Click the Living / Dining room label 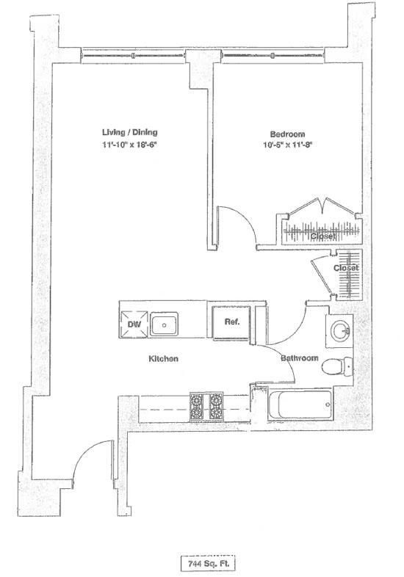[130, 133]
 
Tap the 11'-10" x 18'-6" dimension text [130, 145]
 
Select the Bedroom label [286, 134]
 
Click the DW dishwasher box [134, 323]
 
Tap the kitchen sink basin [166, 323]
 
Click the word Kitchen [164, 359]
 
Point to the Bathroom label [299, 358]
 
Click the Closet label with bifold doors [323, 236]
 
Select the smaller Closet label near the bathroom [346, 269]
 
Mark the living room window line [136, 56]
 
